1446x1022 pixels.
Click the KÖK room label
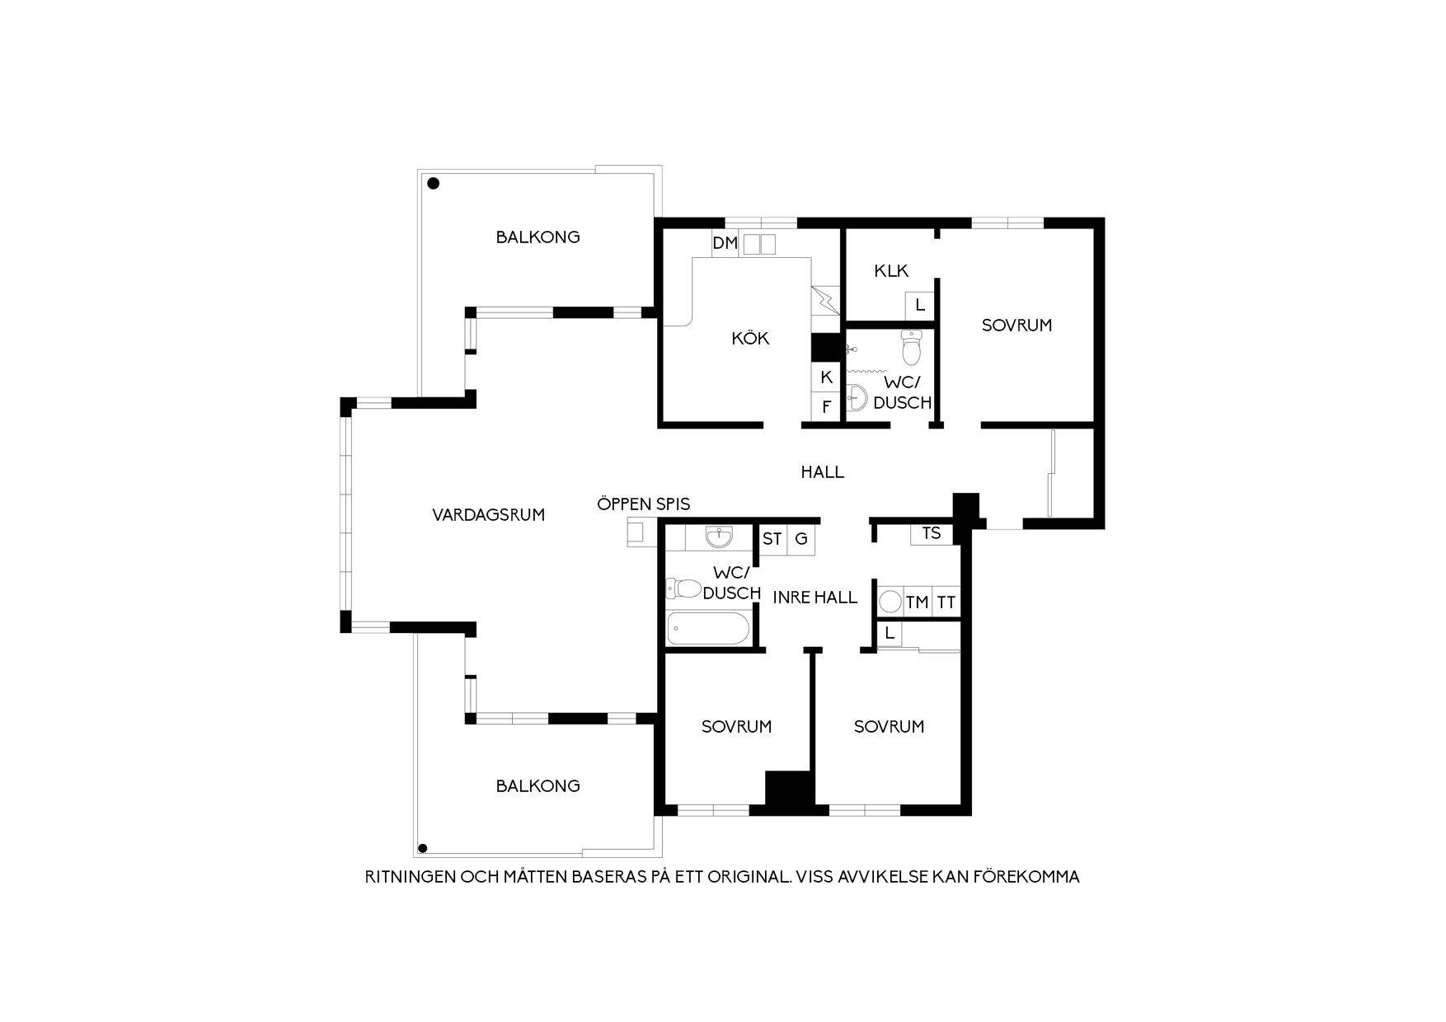pyautogui.click(x=750, y=338)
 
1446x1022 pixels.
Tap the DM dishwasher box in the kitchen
pyautogui.click(x=725, y=243)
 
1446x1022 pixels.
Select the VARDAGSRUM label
pyautogui.click(x=488, y=515)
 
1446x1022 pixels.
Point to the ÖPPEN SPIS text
pyautogui.click(x=644, y=504)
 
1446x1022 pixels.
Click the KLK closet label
pyautogui.click(x=891, y=271)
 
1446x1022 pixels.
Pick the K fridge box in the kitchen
pyautogui.click(x=826, y=377)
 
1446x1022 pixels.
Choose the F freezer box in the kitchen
pyautogui.click(x=826, y=406)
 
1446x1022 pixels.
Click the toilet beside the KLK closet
pyautogui.click(x=911, y=347)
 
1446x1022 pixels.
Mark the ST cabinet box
pyautogui.click(x=772, y=539)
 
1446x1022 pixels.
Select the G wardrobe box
pyautogui.click(x=800, y=539)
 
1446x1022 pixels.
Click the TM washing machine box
pyautogui.click(x=917, y=602)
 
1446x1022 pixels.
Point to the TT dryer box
pyautogui.click(x=946, y=602)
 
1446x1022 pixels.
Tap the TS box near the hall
pyautogui.click(x=932, y=533)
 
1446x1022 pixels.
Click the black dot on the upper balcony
pyautogui.click(x=433, y=185)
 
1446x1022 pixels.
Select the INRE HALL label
pyautogui.click(x=815, y=598)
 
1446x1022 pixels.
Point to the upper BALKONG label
pyautogui.click(x=538, y=237)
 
